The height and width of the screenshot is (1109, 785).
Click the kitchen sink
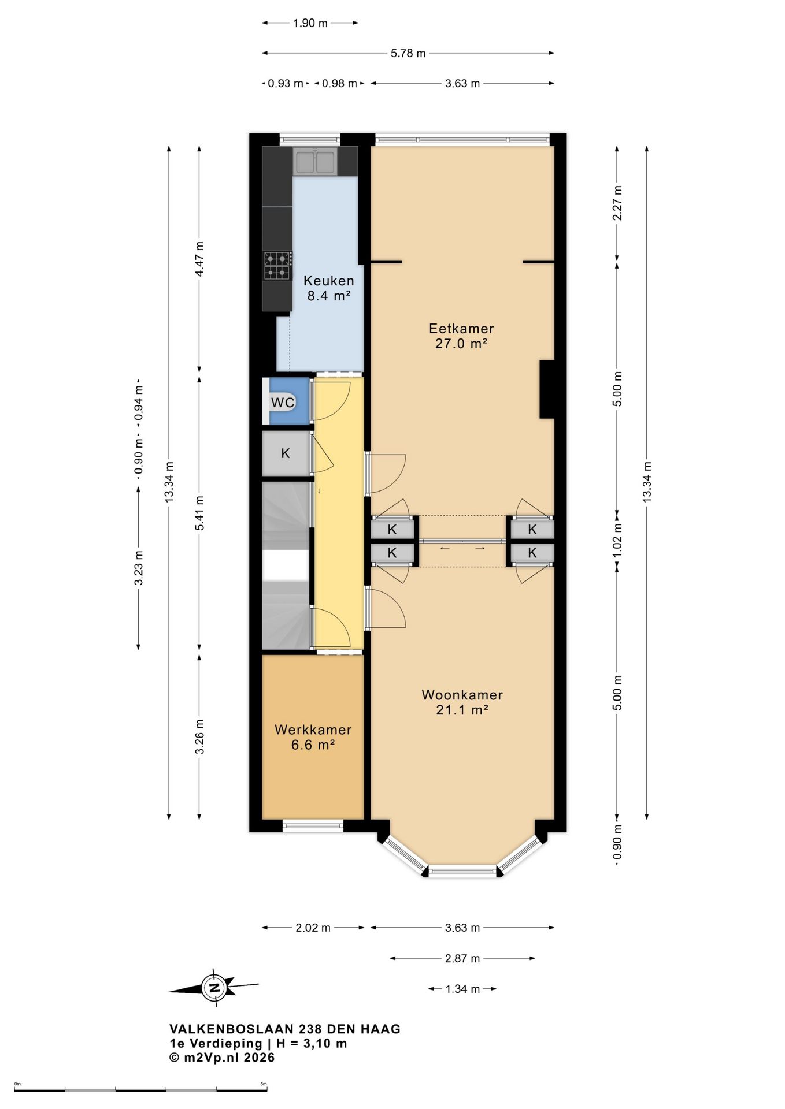(315, 161)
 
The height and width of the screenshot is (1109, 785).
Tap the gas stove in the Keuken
(277, 266)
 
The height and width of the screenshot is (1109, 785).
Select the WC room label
(283, 402)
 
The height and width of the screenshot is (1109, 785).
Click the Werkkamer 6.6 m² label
(313, 737)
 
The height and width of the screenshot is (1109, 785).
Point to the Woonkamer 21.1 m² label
(462, 702)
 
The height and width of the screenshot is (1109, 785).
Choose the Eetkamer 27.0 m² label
(461, 336)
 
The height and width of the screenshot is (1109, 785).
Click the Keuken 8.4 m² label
(329, 288)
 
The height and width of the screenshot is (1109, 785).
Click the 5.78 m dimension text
(408, 53)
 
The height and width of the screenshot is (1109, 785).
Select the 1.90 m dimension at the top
(310, 23)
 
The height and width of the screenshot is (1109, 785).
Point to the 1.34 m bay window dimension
(462, 989)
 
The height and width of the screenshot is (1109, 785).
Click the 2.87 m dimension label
(462, 958)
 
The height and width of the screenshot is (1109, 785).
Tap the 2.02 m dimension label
(313, 928)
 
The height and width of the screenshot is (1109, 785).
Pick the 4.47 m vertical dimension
(199, 258)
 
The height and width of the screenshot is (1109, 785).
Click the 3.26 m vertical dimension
(199, 736)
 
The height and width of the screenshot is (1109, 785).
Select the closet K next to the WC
(286, 453)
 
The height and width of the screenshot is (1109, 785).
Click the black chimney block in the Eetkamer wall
(547, 389)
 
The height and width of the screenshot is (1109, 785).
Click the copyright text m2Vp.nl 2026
(228, 1058)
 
